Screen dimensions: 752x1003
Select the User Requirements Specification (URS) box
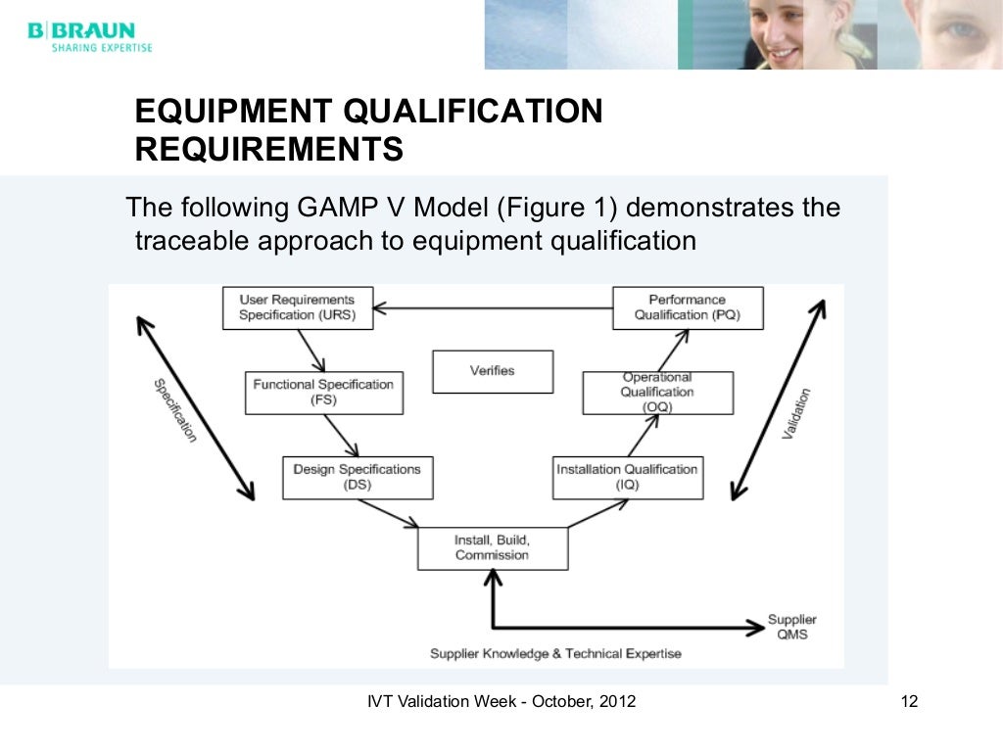[297, 307]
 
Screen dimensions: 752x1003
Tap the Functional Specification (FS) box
[322, 392]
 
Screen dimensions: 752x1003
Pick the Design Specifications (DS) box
[357, 477]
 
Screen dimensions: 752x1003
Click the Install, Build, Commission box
[492, 547]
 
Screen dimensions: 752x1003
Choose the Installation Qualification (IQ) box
[627, 477]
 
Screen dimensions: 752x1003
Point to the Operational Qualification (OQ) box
[656, 392]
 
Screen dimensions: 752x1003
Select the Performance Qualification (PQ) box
[687, 307]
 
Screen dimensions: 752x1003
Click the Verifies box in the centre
[492, 371]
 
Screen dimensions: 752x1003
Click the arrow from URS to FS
[311, 349]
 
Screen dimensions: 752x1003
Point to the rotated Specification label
[175, 409]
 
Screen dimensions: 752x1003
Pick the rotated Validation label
[796, 413]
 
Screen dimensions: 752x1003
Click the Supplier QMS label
[791, 627]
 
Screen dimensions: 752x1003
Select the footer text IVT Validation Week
[501, 701]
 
